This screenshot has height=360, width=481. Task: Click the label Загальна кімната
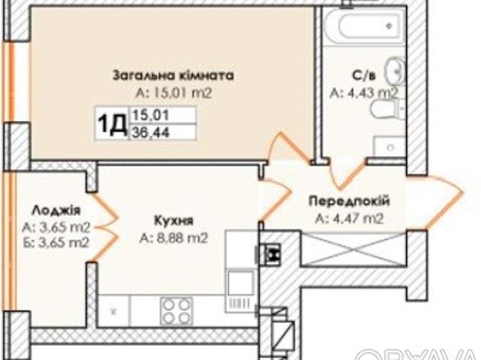[x=173, y=75]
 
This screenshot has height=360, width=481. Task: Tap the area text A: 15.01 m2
[x=173, y=94]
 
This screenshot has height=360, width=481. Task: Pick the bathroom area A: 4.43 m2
[x=363, y=94]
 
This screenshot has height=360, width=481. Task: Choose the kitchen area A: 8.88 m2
[x=173, y=239]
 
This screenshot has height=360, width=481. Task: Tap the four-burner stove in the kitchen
[x=177, y=309]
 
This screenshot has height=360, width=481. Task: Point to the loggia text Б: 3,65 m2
[x=56, y=242]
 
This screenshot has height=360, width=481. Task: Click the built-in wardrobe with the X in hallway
[x=353, y=248]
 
